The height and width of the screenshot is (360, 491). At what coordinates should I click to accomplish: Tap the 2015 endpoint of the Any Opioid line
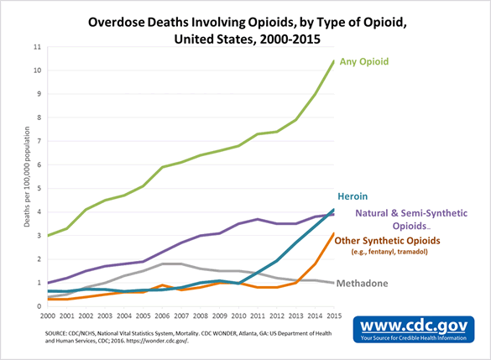coord(334,61)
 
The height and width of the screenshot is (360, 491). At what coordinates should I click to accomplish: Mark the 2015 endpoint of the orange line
coord(334,234)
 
